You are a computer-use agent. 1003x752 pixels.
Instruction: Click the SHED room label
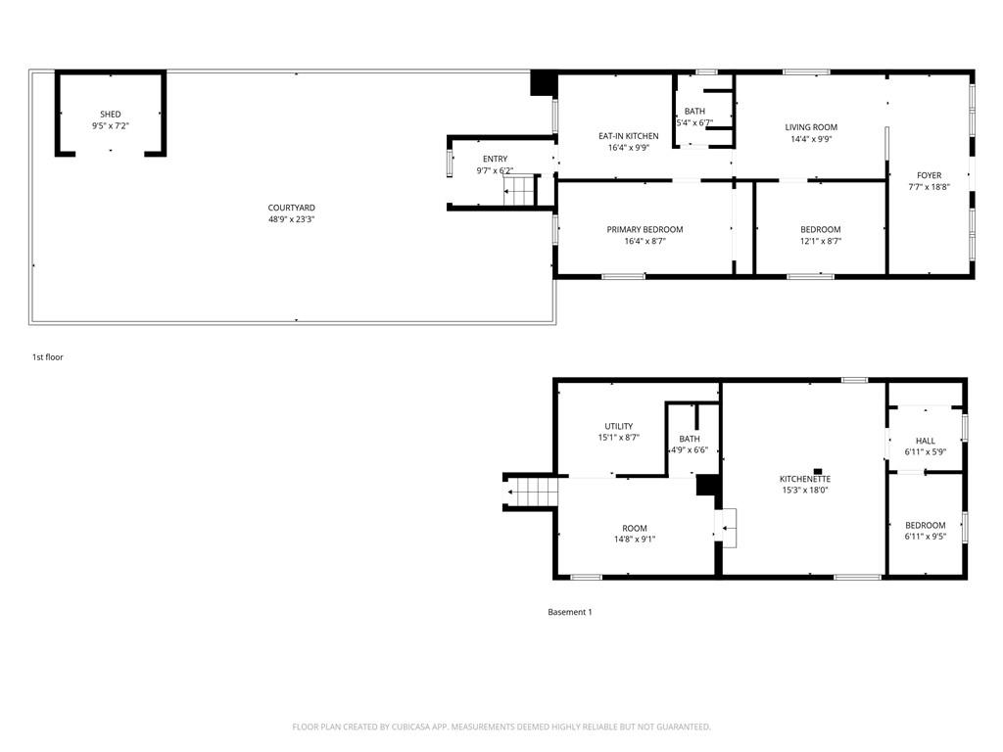coord(111,115)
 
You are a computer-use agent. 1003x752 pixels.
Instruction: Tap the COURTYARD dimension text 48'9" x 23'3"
coord(292,219)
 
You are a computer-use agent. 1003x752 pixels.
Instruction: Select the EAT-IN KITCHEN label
coord(628,136)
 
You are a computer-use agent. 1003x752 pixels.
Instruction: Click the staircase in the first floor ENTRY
coord(518,191)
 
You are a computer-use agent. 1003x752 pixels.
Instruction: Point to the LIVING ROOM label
coord(811,127)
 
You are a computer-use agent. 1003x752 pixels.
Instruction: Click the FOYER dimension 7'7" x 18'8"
coord(929,187)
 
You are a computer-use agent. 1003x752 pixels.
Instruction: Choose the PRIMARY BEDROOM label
coord(645,229)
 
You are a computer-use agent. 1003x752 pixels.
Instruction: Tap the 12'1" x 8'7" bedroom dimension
coord(821,241)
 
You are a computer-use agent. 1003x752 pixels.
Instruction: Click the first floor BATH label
coord(694,112)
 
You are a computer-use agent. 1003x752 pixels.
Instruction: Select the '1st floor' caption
coord(48,357)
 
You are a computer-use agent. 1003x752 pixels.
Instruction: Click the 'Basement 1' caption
coord(570,612)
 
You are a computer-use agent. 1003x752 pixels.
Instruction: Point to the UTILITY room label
coord(619,427)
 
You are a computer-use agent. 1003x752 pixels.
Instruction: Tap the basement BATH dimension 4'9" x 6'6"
coord(689,450)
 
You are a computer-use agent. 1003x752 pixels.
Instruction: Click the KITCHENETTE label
coord(805,479)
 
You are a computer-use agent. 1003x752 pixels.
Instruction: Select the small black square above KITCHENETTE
coord(818,471)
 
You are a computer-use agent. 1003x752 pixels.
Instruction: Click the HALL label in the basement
coord(925,441)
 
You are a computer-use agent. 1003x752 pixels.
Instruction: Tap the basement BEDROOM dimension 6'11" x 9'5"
coord(925,537)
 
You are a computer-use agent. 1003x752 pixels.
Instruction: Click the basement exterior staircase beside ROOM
coord(531,493)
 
